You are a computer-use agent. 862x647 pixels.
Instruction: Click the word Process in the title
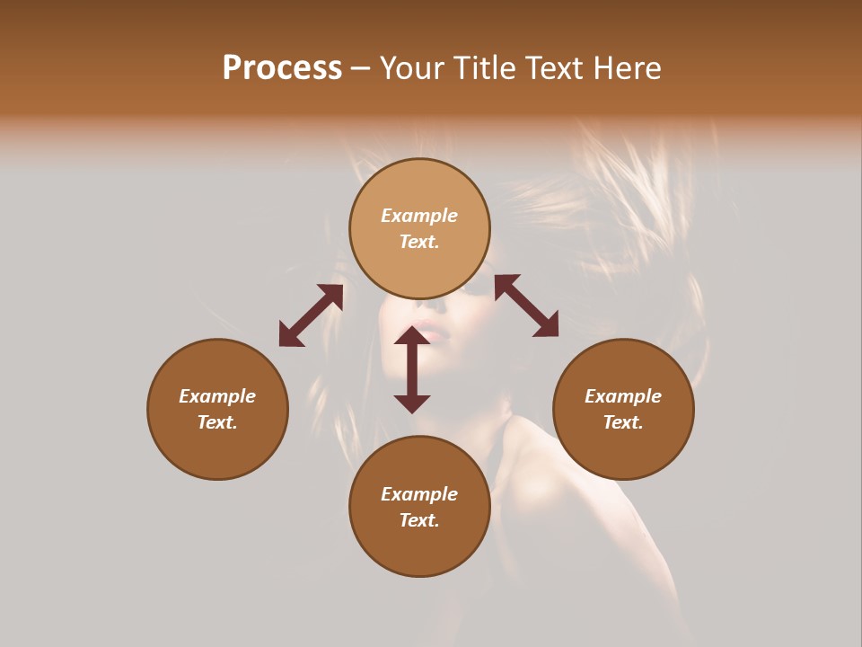tap(282, 68)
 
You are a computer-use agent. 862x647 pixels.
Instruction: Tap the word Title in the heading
tap(484, 68)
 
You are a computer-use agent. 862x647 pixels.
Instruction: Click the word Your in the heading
tap(411, 68)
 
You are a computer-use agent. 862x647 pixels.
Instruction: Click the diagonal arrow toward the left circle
tap(311, 315)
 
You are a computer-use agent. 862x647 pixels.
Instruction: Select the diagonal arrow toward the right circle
tap(526, 306)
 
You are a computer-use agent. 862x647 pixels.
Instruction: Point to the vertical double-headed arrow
tap(412, 369)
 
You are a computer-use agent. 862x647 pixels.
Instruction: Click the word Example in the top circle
tap(419, 216)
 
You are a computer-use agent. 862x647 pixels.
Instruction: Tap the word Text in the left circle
tap(217, 422)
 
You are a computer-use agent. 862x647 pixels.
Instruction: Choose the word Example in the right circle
tap(623, 396)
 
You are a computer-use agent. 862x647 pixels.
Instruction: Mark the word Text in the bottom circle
tap(419, 520)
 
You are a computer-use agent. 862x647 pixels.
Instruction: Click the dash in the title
tap(361, 68)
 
